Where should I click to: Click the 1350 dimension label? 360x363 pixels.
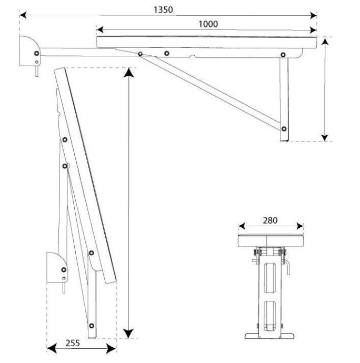[163, 9]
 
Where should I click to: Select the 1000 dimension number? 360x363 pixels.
[208, 24]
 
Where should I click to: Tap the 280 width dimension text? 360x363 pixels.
[270, 220]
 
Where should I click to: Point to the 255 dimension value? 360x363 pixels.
[73, 343]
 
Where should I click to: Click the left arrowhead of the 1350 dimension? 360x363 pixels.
[23, 15]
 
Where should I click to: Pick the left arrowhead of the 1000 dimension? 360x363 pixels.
[99, 29]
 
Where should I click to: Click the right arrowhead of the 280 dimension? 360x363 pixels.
[300, 226]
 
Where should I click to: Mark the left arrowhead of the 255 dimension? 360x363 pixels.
[52, 348]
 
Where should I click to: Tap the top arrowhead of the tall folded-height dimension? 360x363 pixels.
[128, 72]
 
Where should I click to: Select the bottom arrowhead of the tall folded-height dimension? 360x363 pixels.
[128, 334]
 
